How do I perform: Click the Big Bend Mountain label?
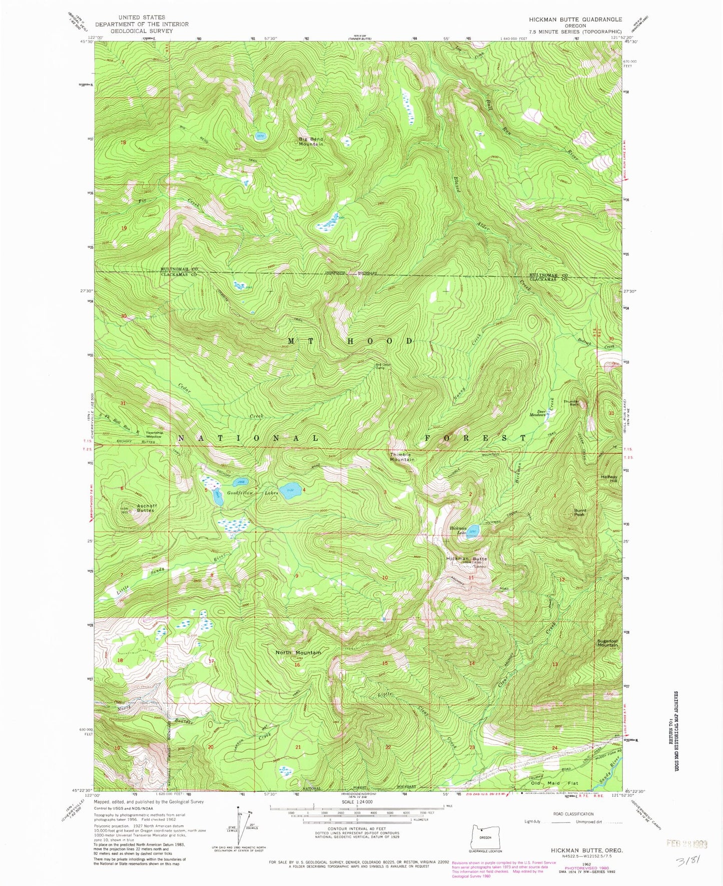coord(311,141)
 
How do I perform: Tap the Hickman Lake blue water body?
coord(474,530)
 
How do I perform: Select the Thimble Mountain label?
coord(402,457)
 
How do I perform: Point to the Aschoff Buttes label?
coord(146,508)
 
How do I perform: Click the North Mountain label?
coord(298,653)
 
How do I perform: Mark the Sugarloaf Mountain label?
coord(607,643)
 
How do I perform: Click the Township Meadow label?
coord(154,434)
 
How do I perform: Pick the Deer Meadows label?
coord(537,413)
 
